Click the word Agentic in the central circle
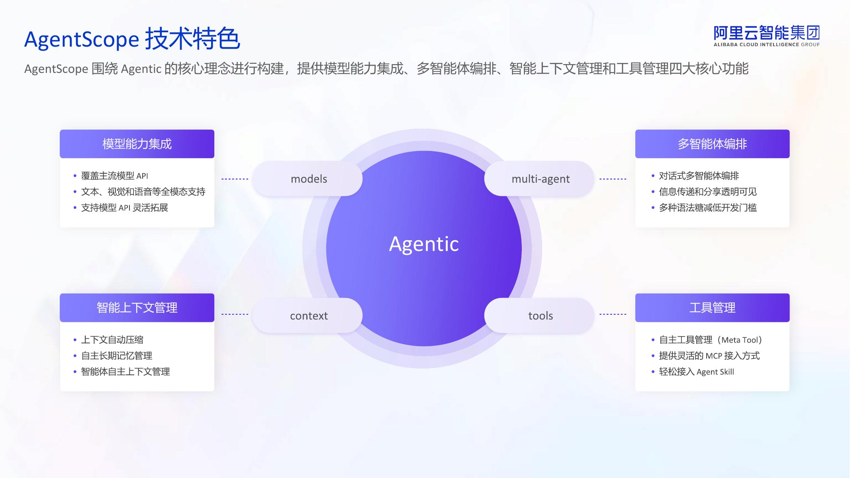click(424, 244)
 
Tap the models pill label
click(309, 179)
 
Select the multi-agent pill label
click(541, 179)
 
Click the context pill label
click(309, 316)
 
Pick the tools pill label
click(541, 316)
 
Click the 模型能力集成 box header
click(137, 144)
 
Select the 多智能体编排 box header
click(712, 144)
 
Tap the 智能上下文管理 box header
click(137, 308)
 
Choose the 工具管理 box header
click(712, 308)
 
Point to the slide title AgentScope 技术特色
click(132, 39)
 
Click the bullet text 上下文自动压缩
click(112, 340)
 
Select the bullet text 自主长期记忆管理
click(117, 356)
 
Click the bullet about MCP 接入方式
click(709, 356)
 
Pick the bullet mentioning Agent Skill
click(697, 372)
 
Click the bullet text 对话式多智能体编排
click(699, 176)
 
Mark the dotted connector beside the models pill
click(235, 179)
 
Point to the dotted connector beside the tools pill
click(613, 314)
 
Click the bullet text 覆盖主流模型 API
click(115, 176)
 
